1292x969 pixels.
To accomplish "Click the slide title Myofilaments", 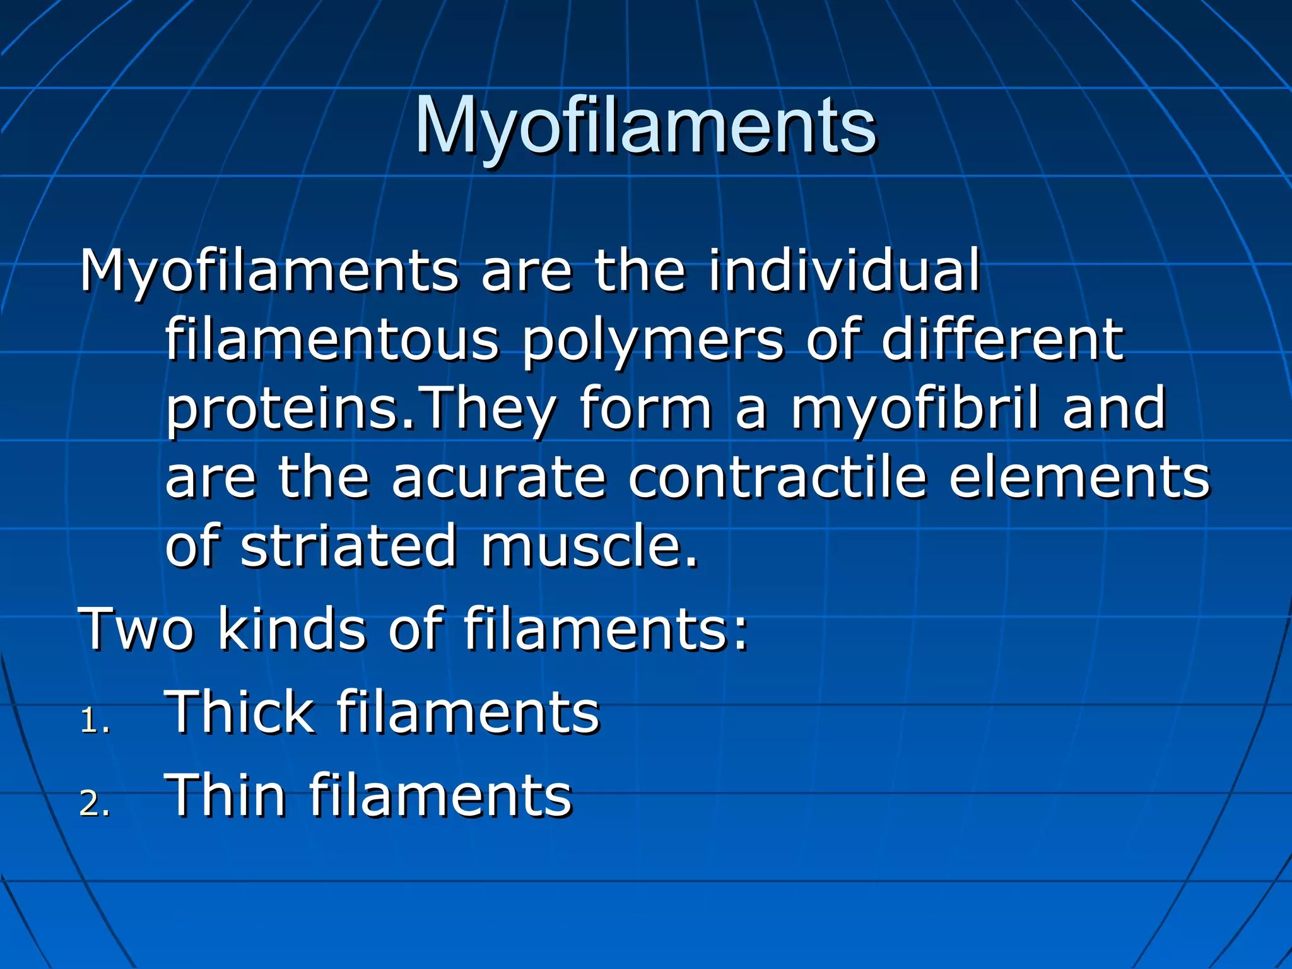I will point(645,126).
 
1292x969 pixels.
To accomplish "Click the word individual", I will point(844,271).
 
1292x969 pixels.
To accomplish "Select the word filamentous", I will point(332,340).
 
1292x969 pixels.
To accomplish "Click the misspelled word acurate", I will point(498,478).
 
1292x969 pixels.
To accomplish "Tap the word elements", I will point(1079,478).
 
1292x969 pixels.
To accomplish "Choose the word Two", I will point(136,629).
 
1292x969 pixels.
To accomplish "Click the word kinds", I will point(291,629).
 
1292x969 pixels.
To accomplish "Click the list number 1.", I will point(92,721).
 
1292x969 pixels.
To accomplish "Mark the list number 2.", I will point(93,804).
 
